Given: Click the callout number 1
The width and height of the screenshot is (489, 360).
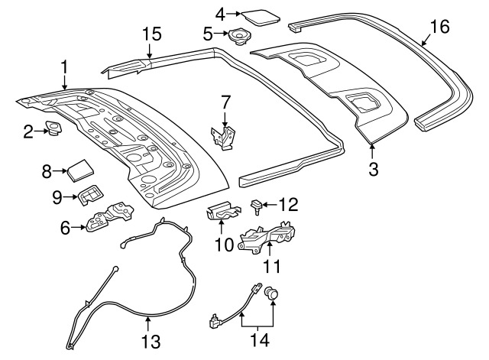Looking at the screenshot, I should click(64, 66).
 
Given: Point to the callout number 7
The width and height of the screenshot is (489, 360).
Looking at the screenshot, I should click(225, 101).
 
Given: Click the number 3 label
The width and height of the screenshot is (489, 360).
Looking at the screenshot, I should click(373, 169).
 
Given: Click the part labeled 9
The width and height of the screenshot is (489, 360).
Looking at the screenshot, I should click(91, 197).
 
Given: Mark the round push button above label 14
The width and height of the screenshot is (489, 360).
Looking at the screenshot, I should click(271, 293).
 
